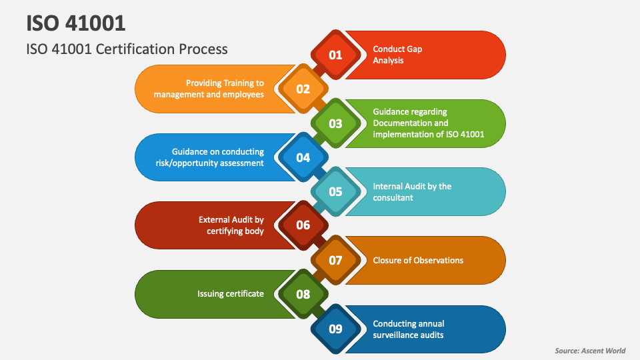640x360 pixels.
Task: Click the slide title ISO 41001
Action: click(x=75, y=23)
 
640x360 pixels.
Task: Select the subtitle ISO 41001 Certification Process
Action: click(x=127, y=49)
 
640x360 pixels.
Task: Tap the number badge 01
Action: click(x=335, y=55)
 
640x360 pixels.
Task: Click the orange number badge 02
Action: click(x=303, y=89)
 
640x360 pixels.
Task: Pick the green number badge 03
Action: click(x=335, y=123)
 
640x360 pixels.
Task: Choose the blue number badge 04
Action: click(x=303, y=157)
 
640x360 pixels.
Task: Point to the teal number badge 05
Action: click(x=335, y=192)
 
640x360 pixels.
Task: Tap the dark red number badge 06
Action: click(x=303, y=225)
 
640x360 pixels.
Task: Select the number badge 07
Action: click(x=335, y=260)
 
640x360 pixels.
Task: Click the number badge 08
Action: click(x=303, y=294)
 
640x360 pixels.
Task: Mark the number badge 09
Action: click(x=335, y=328)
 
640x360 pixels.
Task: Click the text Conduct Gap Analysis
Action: click(x=397, y=55)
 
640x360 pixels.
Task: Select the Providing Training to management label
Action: click(x=209, y=89)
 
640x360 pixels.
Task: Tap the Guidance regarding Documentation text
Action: click(x=428, y=123)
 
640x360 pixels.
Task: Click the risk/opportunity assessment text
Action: click(x=218, y=157)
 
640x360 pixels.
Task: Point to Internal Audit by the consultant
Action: click(x=412, y=192)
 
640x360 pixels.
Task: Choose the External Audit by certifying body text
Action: click(x=231, y=225)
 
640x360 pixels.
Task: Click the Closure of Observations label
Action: click(x=418, y=260)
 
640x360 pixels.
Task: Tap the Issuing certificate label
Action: click(x=231, y=294)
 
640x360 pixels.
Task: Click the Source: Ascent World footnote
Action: click(x=590, y=351)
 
